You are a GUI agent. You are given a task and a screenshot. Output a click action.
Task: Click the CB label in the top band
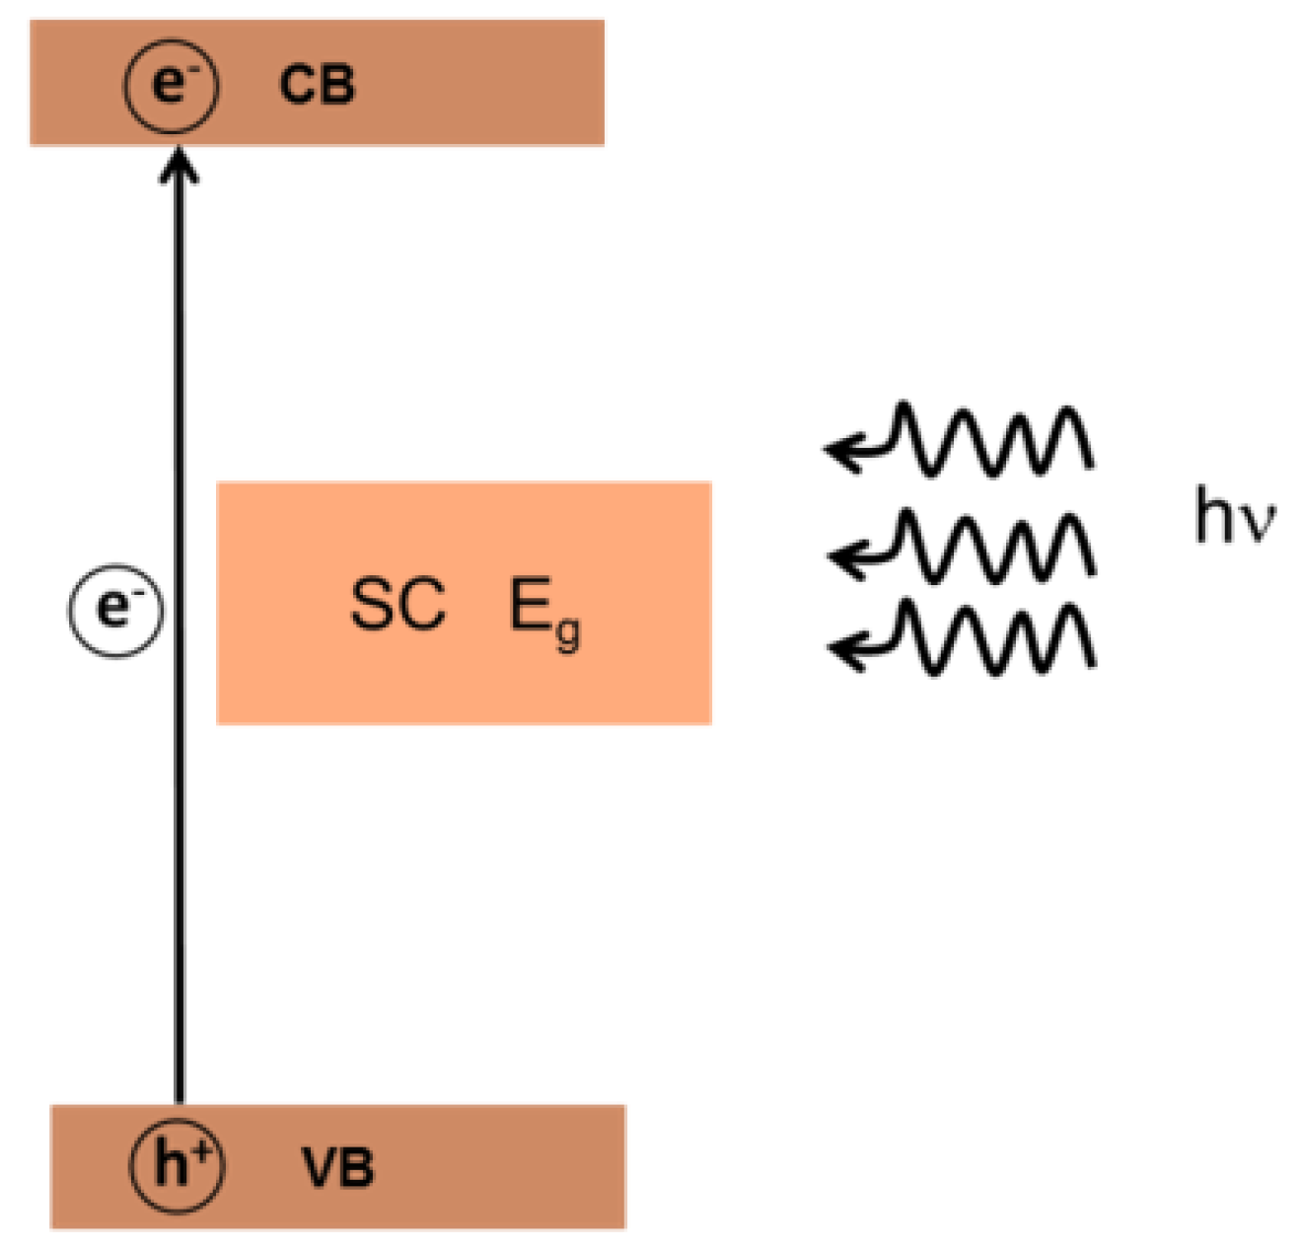click(317, 85)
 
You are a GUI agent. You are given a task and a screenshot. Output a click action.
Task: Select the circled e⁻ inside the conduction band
click(171, 86)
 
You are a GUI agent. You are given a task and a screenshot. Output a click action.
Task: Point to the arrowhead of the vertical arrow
click(179, 164)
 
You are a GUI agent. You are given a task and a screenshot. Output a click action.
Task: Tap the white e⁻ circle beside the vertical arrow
click(115, 611)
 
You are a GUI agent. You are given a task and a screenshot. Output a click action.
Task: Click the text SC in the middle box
click(398, 605)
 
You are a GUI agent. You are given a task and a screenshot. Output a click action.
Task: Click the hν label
click(1234, 517)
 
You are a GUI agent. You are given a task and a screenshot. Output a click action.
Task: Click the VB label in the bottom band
click(337, 1167)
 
